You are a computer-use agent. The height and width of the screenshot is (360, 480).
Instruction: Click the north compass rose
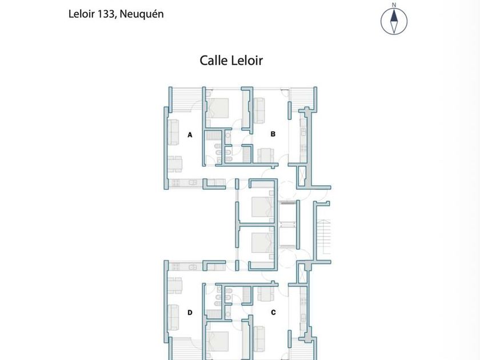tap(394, 21)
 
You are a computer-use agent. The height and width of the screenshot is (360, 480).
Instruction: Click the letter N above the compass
tap(394, 5)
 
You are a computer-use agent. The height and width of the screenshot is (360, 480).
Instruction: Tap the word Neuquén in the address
tap(142, 14)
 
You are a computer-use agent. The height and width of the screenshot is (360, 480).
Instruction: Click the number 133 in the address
tap(106, 14)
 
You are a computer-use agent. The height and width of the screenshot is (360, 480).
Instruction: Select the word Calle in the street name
tap(213, 61)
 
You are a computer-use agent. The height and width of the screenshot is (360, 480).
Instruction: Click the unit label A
tap(190, 135)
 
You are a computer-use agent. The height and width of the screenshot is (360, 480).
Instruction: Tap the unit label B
tap(273, 134)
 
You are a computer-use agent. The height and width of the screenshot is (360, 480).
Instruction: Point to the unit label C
tap(273, 312)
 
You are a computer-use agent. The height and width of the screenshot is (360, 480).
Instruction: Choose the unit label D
tap(190, 312)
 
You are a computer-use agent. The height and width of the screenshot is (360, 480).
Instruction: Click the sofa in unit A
tap(173, 132)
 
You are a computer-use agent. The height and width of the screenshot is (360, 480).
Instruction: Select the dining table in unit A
tap(175, 165)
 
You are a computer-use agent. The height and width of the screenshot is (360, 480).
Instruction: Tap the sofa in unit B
tap(259, 110)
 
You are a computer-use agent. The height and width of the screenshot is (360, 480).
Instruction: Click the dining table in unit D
tap(175, 285)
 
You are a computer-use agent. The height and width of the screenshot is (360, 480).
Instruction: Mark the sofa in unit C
tap(259, 339)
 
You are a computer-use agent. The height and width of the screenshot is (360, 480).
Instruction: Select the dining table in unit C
tap(266, 294)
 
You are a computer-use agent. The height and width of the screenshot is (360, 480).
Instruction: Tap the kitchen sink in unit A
tap(193, 182)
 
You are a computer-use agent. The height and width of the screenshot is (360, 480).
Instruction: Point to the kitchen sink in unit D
tap(193, 267)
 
